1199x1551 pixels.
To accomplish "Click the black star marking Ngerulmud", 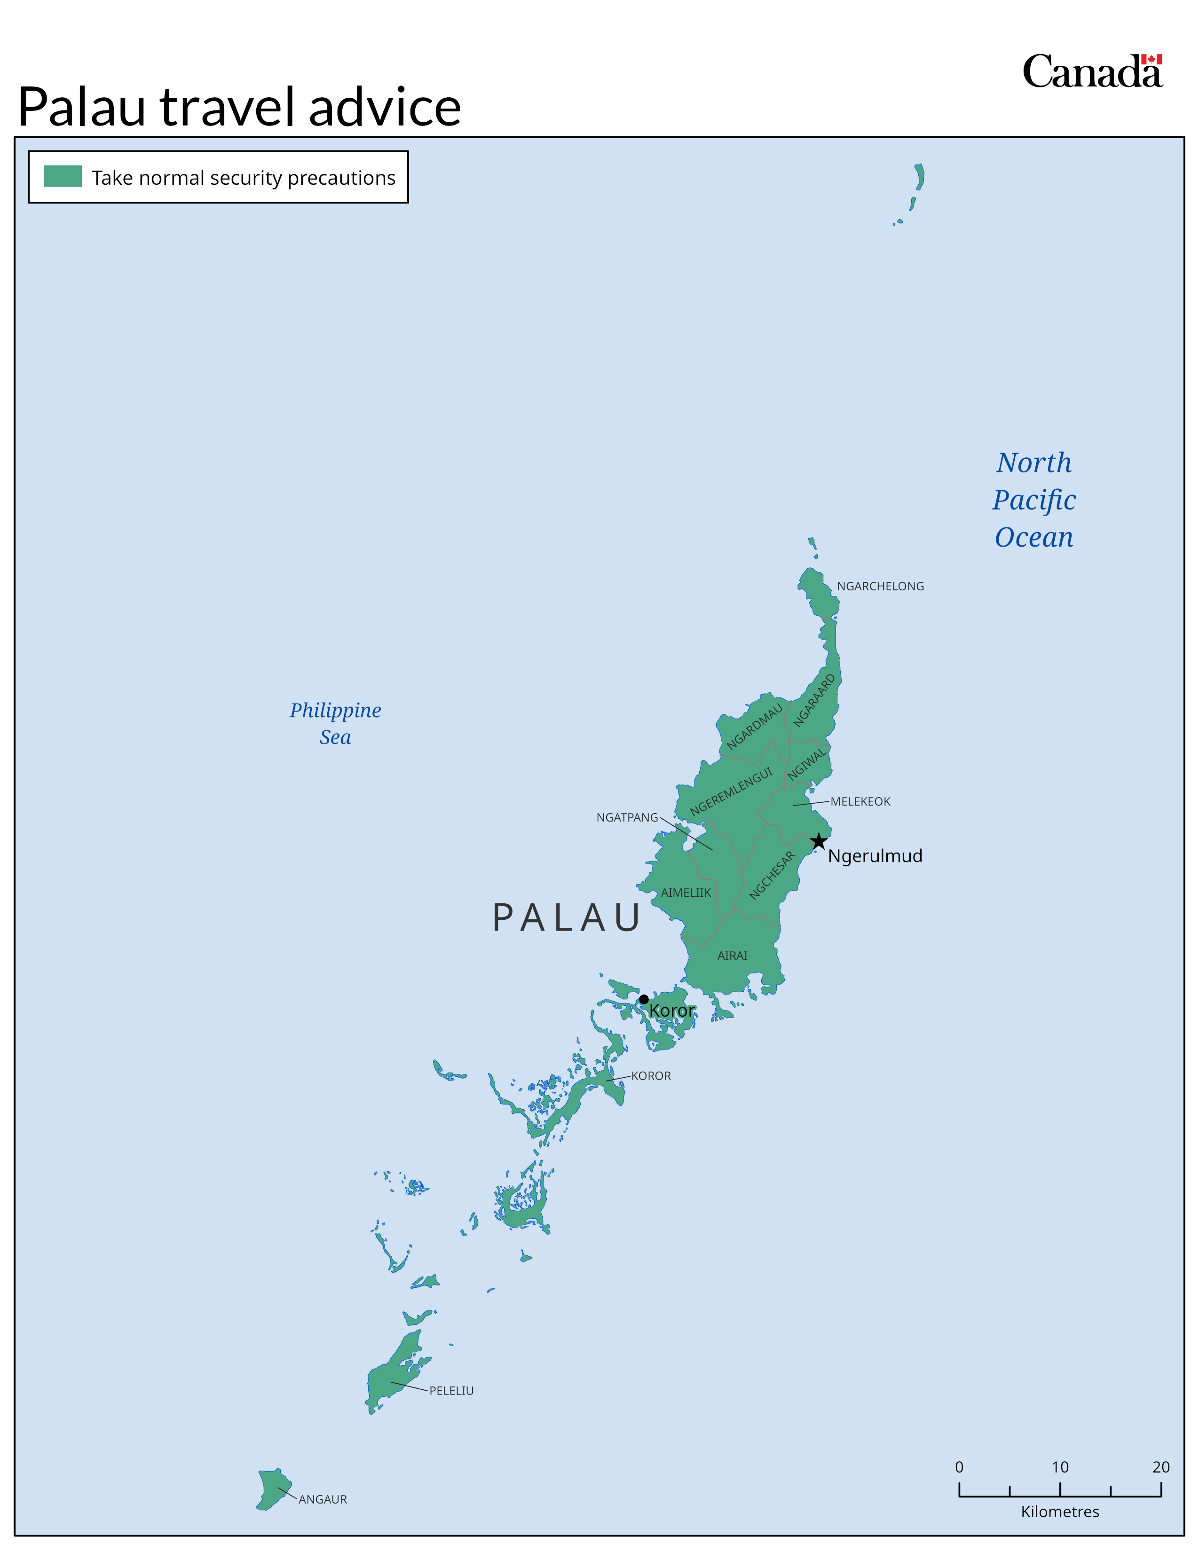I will tap(818, 842).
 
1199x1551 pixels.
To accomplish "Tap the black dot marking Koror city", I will tap(644, 999).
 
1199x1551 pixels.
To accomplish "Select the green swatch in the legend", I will tap(63, 176).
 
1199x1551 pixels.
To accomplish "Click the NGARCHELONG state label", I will tap(880, 586).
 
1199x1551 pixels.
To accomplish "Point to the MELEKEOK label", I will tap(860, 801).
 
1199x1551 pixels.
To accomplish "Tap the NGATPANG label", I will tap(627, 817).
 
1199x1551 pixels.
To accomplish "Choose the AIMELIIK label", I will tap(686, 893).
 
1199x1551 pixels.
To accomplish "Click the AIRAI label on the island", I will tap(732, 955).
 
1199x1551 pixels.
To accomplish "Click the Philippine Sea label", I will tap(335, 723).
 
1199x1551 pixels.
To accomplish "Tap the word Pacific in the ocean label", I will tap(1034, 500).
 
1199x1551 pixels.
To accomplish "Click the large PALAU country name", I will tap(566, 917).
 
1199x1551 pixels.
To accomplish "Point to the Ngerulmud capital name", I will tap(875, 856).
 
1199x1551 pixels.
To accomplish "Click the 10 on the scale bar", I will tap(1060, 1466).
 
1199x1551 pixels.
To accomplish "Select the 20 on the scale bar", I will tap(1160, 1466).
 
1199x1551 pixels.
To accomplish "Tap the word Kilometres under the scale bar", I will tap(1060, 1511).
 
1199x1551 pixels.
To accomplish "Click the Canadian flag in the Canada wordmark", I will tap(1152, 60).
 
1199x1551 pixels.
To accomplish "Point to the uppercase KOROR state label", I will tap(651, 1076).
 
